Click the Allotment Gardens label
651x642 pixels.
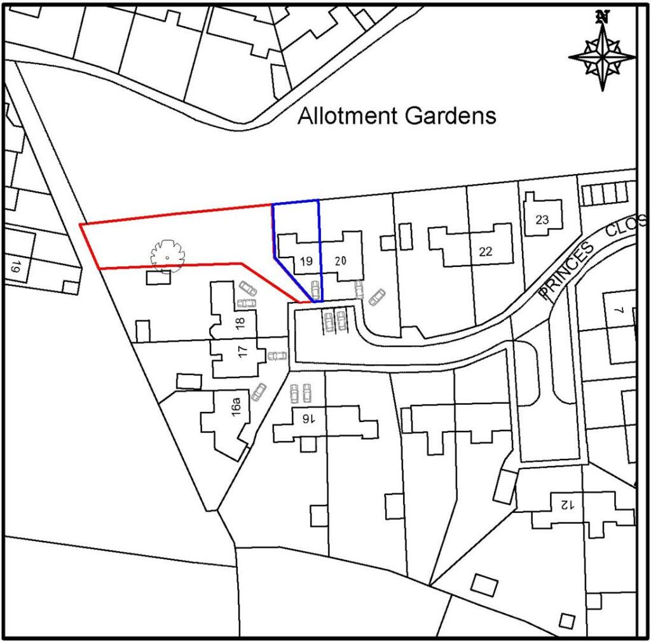click(x=397, y=116)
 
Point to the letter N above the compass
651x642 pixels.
click(x=602, y=17)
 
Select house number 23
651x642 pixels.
click(x=542, y=220)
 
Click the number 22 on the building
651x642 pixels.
click(x=486, y=252)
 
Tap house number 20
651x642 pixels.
click(x=340, y=261)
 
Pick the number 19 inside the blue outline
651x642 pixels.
click(x=306, y=261)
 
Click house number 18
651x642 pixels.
click(x=240, y=322)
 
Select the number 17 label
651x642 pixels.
click(x=242, y=352)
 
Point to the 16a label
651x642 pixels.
click(x=236, y=406)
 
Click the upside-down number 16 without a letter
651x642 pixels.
click(x=308, y=419)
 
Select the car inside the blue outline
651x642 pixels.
click(x=314, y=289)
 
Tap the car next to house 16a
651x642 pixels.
click(x=258, y=392)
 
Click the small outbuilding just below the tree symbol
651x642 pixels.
click(x=158, y=278)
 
